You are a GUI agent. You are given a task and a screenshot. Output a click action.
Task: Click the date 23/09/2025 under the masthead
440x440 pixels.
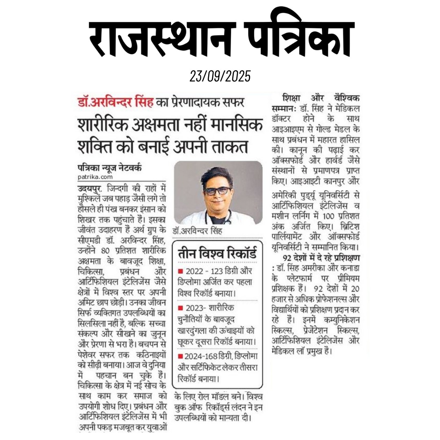pos(220,76)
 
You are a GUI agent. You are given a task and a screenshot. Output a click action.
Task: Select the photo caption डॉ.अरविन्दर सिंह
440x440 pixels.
pos(199,231)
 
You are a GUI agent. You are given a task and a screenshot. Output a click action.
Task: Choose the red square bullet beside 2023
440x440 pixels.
pos(180,307)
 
